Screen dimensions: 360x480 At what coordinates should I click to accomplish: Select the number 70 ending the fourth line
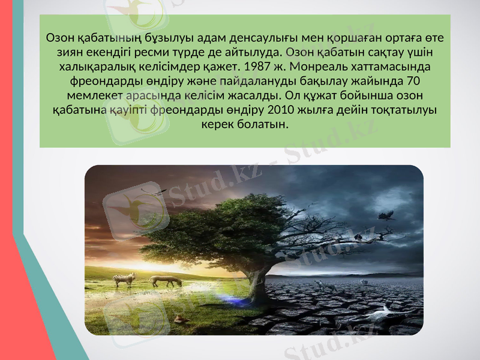413,80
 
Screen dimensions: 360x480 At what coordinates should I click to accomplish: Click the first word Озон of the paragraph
60,37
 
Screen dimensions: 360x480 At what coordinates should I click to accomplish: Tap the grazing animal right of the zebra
165,280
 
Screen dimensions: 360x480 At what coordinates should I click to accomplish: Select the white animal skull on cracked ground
384,312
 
